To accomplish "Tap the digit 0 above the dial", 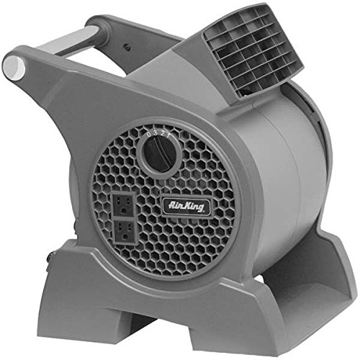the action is click(149, 135).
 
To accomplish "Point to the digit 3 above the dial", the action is click(156, 133).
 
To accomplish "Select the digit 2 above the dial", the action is click(163, 134).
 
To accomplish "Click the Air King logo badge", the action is click(186, 207).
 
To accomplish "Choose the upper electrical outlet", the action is click(123, 204).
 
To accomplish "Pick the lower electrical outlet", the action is click(125, 231).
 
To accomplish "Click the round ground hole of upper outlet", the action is click(124, 210).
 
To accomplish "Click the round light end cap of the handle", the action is click(14, 66).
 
